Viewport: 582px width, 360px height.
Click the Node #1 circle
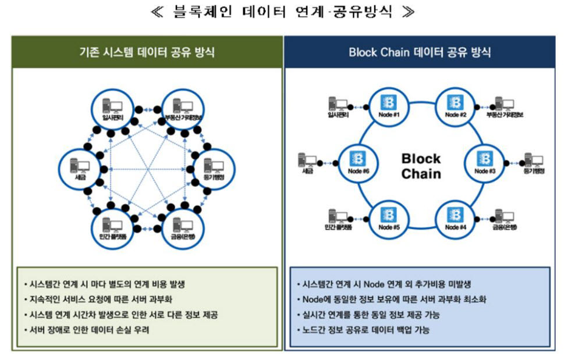point(388,106)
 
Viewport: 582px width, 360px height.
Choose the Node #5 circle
point(388,219)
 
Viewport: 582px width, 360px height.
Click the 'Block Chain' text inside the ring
point(421,166)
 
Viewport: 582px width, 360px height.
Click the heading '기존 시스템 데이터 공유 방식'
point(147,52)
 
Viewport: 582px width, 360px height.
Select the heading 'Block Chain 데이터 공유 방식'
point(420,52)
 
